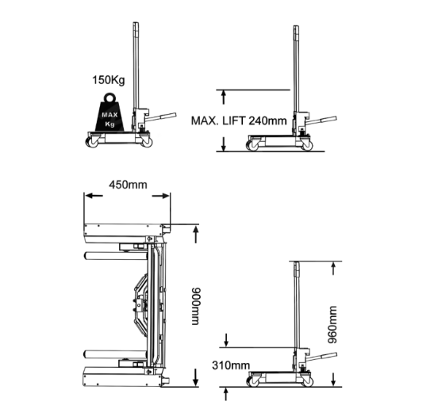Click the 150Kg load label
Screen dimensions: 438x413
[x=109, y=80]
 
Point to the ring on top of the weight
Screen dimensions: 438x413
[x=109, y=98]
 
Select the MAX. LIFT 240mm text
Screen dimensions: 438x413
[x=239, y=120]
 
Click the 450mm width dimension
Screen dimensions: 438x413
[x=128, y=185]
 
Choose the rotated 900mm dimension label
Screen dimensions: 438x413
[x=196, y=306]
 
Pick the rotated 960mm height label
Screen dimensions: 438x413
[x=332, y=324]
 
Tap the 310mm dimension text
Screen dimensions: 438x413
[x=231, y=365]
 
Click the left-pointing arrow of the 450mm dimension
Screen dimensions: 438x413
[x=94, y=196]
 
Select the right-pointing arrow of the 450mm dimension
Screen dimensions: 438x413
[x=160, y=196]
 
